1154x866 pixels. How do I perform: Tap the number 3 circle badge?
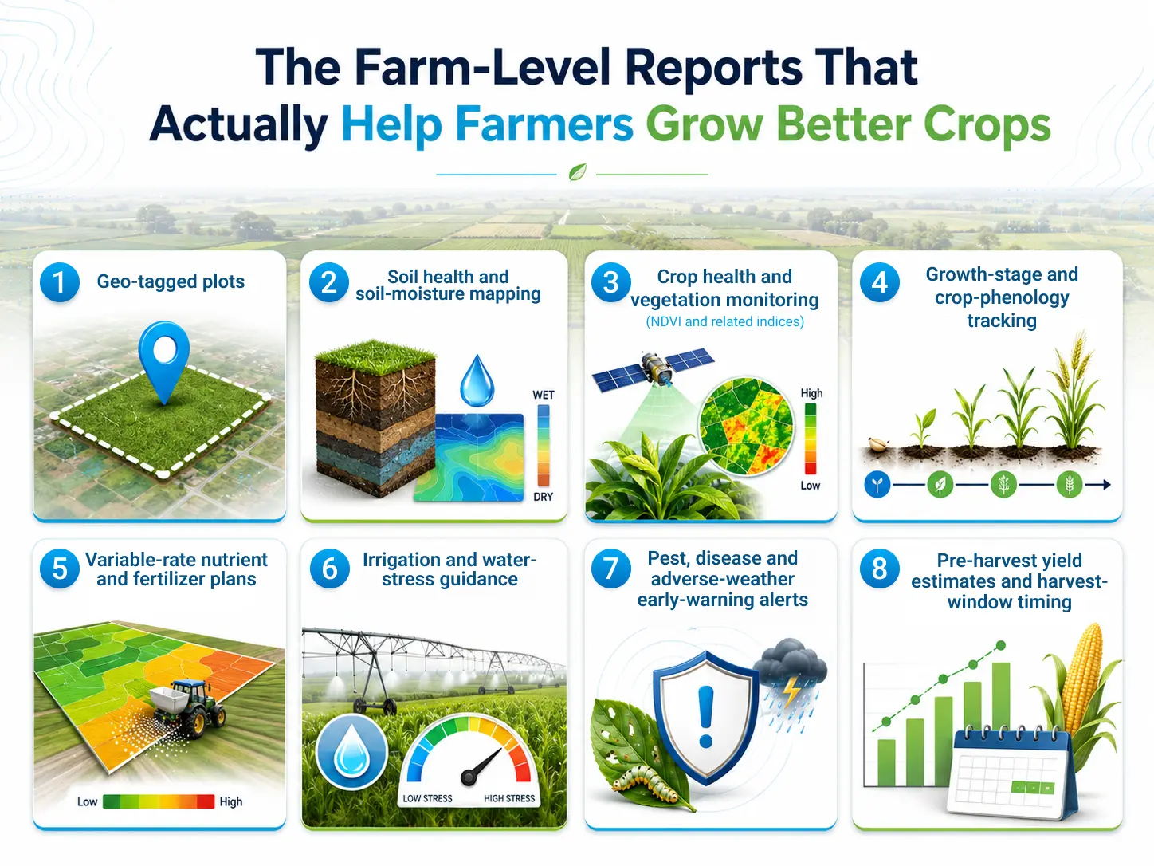point(611,282)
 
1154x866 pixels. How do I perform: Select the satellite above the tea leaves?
point(654,370)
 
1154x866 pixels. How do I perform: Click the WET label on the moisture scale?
point(543,395)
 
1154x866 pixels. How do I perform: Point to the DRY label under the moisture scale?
point(543,497)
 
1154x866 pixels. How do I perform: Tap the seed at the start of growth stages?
point(877,444)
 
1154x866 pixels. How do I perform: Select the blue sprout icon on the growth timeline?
point(877,484)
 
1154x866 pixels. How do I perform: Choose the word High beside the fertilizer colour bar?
point(231,802)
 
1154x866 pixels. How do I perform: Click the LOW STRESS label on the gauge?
point(427,798)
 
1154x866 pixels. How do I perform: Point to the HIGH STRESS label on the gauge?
point(509,798)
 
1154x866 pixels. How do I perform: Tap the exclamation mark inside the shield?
point(705,717)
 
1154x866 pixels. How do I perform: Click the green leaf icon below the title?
point(577,172)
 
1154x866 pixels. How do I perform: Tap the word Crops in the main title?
point(987,125)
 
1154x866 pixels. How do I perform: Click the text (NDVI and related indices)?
point(724,321)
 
